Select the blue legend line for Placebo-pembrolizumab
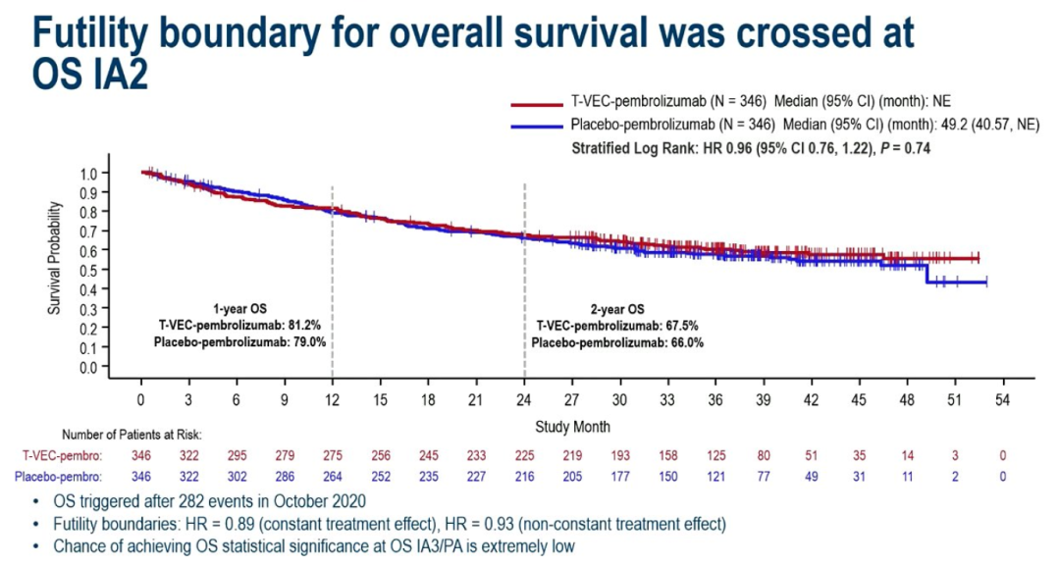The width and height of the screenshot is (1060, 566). click(x=537, y=126)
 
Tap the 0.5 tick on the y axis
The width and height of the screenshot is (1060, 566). click(x=88, y=270)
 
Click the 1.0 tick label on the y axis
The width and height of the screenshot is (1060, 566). click(x=88, y=173)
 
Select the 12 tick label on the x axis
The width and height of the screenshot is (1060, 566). click(x=333, y=400)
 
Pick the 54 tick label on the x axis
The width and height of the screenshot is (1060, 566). click(x=1003, y=400)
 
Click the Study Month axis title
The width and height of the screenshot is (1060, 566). click(x=572, y=427)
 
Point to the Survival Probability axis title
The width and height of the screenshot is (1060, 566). click(x=55, y=258)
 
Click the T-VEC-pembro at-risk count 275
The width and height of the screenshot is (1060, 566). click(x=333, y=456)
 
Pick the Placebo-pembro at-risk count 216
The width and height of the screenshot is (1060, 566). click(x=524, y=477)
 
